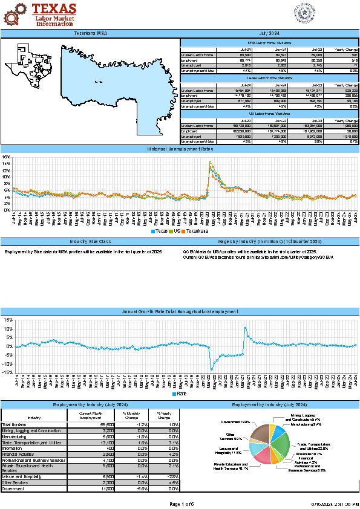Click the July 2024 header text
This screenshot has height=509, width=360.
click(270, 33)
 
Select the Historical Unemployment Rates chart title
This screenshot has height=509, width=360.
click(180, 149)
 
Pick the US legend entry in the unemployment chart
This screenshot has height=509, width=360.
click(178, 231)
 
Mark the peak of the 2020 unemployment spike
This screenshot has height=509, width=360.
click(210, 162)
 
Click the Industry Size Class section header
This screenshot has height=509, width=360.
click(90, 241)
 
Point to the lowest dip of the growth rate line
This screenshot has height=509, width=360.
click(212, 369)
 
